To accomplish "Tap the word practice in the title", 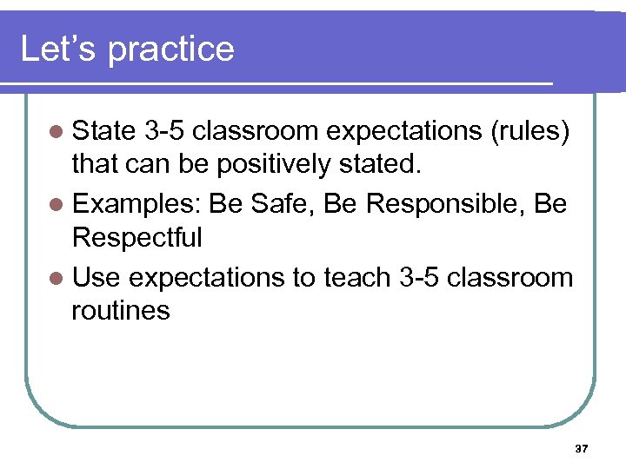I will (x=171, y=50).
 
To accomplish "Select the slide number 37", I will (x=582, y=449).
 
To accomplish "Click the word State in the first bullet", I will (x=104, y=131).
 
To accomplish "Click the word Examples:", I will (x=137, y=205).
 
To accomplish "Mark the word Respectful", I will (x=137, y=236).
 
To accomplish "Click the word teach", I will (x=357, y=278).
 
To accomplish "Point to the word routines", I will (x=121, y=309).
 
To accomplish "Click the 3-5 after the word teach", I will (x=423, y=278).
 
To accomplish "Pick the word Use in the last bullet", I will (x=100, y=278).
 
